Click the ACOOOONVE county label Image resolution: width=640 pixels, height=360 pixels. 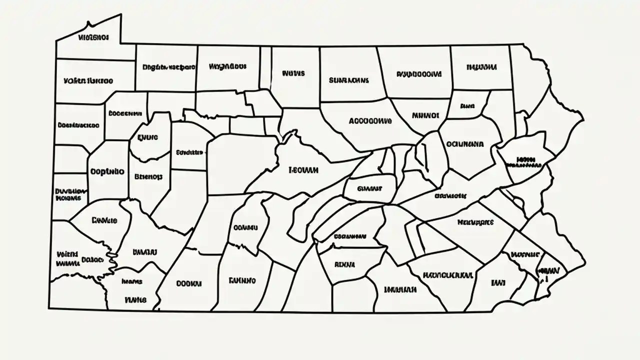369,121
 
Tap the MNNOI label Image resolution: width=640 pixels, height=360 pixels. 425,115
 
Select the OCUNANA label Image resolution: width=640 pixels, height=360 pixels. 464,144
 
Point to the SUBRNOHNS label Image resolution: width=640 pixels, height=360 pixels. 348,80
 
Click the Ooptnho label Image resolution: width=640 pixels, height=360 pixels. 107,171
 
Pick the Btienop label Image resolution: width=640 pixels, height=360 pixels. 148,176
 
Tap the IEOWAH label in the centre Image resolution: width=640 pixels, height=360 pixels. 303,170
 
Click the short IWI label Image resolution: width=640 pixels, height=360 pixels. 498,283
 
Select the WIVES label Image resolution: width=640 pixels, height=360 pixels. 293,73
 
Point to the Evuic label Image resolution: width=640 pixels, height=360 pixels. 147,136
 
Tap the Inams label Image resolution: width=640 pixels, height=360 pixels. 132,281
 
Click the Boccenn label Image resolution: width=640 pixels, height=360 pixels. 125,113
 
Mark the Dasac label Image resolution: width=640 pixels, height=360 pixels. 92,260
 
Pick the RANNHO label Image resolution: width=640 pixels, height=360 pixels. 242,280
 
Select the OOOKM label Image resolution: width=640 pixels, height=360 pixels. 189,283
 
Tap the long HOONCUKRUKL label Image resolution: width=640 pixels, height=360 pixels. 447,275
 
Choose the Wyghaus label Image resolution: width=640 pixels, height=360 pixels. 227,66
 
